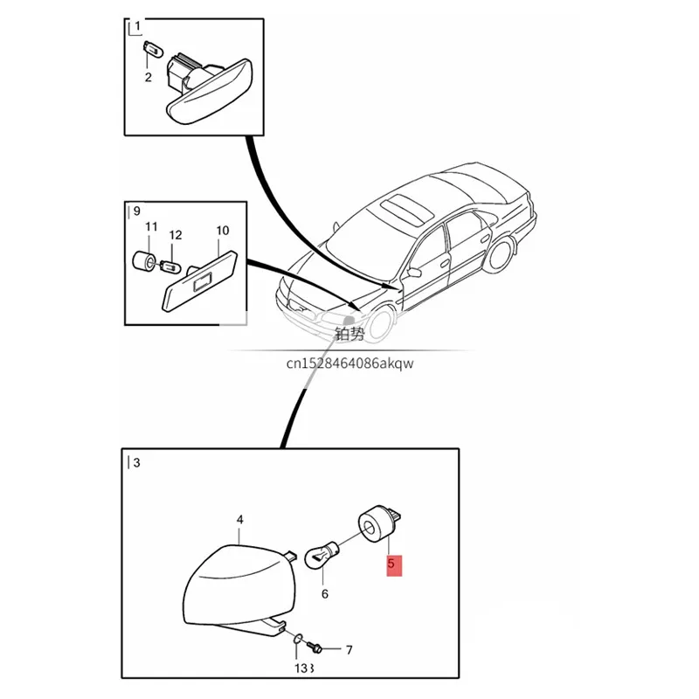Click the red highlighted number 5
391,564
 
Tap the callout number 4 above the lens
239,520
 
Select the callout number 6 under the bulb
325,594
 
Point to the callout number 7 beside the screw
349,650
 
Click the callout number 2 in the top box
148,78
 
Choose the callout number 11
151,227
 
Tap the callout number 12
176,235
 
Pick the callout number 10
223,231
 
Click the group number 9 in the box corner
136,211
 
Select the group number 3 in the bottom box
136,463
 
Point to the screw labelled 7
315,647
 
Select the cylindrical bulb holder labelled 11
144,260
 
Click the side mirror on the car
414,272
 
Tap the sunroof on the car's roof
406,209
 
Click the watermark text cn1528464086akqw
350,363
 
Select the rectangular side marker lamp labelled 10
199,281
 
